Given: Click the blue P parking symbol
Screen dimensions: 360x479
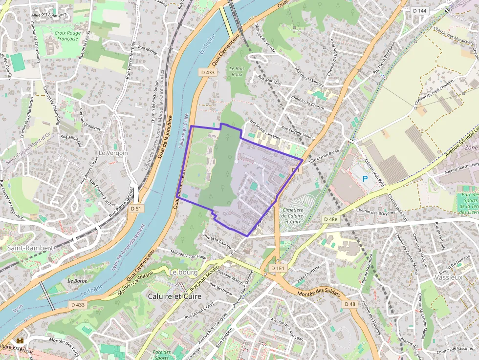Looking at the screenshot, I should point(365,179).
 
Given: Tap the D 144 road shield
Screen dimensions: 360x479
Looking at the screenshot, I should point(419,10).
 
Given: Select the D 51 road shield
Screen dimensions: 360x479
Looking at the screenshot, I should point(137,209).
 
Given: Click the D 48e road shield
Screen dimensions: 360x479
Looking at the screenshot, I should point(331,219).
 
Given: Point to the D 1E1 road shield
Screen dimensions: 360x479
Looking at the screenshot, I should point(277,268).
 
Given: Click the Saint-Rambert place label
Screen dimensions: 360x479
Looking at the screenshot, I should point(30,248).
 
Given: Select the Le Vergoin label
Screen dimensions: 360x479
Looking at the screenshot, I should point(113,153).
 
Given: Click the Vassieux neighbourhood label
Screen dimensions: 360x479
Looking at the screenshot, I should point(447,277).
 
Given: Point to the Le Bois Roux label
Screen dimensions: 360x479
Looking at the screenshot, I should point(237,71).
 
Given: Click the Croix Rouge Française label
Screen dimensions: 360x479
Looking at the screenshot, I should point(67,35).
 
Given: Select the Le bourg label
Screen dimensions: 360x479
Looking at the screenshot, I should point(182,272).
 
